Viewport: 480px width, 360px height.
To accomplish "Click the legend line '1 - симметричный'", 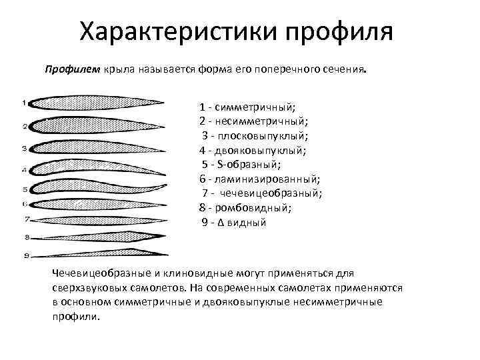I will [247, 107].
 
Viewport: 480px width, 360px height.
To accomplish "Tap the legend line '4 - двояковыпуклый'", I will [253, 150].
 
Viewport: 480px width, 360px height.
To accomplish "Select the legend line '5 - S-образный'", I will [241, 165].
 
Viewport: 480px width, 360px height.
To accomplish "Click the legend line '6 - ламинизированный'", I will [259, 179].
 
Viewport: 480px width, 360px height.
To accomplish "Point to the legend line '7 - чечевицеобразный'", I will [263, 193].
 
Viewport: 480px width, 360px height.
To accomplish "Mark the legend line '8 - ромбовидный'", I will [245, 208].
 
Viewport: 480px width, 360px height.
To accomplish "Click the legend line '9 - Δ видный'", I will [234, 222].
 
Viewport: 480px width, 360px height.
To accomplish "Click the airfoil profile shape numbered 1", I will [97, 104].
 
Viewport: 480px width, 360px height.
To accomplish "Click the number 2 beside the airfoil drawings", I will [24, 125].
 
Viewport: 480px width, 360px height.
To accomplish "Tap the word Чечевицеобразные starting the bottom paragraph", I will [104, 273].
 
